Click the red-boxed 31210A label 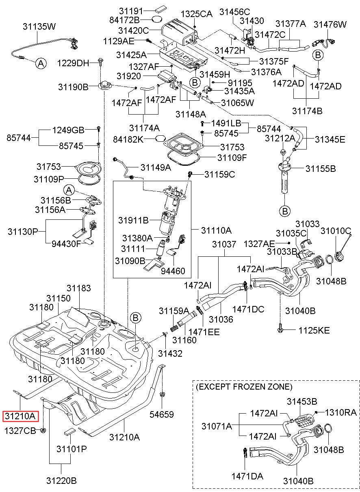[20, 416]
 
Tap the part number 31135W [39, 26]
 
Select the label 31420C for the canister [134, 30]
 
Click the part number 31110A [216, 230]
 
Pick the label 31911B [133, 220]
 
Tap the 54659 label [162, 414]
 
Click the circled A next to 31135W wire [41, 64]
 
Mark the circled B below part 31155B [285, 211]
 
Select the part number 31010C [336, 231]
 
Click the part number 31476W [330, 24]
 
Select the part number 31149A [156, 167]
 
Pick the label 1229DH [73, 63]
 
